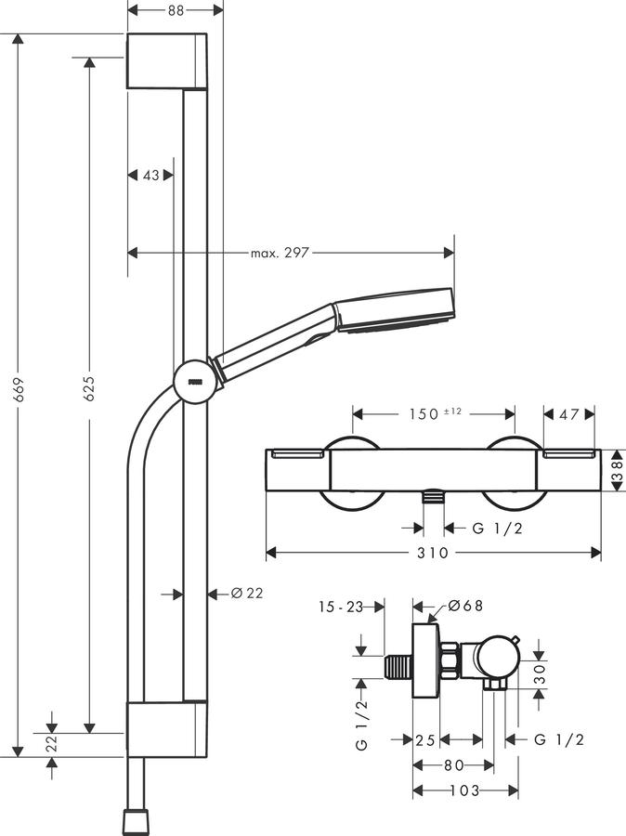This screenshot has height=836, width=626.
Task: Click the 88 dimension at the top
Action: point(176,10)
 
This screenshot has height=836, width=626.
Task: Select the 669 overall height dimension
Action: point(20,390)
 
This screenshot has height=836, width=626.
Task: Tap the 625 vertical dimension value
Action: point(89,388)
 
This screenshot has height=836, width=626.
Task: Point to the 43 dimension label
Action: point(150,175)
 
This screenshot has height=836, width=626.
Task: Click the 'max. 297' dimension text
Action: point(280,252)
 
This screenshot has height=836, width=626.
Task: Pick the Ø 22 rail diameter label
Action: point(247,593)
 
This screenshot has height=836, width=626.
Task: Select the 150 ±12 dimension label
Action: point(435,413)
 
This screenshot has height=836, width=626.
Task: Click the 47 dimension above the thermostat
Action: point(568,413)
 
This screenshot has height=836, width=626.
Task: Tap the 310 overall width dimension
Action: point(433,553)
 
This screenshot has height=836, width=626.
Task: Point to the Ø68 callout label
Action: point(465,606)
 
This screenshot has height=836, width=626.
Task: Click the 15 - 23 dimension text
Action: point(341,607)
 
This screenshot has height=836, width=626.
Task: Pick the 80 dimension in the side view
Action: point(453,765)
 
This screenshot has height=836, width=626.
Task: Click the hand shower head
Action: point(393,310)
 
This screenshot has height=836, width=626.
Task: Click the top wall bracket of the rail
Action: point(166,60)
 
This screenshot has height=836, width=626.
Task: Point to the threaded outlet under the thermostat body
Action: point(434,497)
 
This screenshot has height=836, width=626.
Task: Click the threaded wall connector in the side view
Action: point(398,667)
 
